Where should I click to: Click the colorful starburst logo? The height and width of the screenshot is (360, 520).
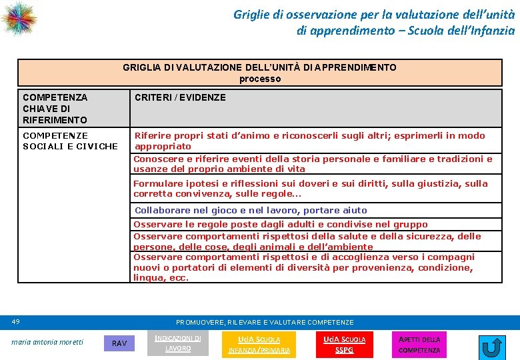(x=18, y=18)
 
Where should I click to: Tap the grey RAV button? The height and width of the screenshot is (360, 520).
(x=119, y=343)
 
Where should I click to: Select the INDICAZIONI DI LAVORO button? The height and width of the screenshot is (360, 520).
(x=178, y=343)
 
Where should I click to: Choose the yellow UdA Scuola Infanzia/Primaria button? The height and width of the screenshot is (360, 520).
(x=259, y=344)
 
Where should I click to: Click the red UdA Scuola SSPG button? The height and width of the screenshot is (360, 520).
(x=344, y=344)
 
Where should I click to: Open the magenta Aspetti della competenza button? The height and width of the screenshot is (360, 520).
(x=419, y=344)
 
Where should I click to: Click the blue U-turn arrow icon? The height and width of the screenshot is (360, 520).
(x=492, y=347)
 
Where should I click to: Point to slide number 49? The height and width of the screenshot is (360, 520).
(x=16, y=322)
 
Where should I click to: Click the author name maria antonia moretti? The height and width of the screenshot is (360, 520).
(x=47, y=343)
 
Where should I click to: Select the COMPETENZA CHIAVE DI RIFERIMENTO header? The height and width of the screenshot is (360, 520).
(x=55, y=108)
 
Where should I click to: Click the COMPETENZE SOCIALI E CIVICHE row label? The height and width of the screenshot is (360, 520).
(x=70, y=141)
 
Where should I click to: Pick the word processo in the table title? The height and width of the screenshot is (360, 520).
(x=260, y=79)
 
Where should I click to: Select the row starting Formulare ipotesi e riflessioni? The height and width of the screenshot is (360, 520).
(x=311, y=189)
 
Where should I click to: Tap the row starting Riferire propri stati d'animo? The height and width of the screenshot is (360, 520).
(x=310, y=141)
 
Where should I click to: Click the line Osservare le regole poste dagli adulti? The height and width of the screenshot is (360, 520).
(x=281, y=225)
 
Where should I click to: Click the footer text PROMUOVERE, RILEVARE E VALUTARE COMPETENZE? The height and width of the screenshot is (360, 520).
(x=265, y=322)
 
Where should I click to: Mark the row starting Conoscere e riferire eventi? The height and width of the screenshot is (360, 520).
(x=313, y=164)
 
